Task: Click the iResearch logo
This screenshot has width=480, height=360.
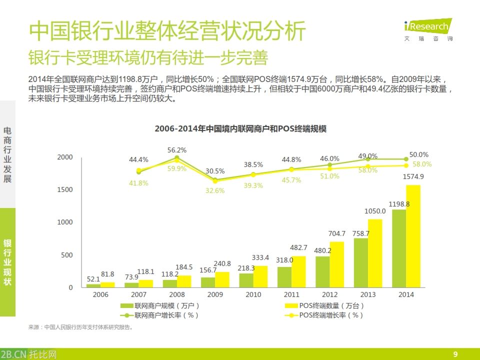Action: click(427, 28)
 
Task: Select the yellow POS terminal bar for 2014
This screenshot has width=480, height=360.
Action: click(413, 236)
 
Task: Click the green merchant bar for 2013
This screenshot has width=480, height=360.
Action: click(361, 262)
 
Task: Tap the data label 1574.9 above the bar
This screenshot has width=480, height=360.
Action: click(413, 176)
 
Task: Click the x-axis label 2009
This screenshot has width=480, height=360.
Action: click(215, 294)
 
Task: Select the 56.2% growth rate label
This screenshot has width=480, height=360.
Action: click(177, 150)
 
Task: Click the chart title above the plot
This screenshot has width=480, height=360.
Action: click(240, 128)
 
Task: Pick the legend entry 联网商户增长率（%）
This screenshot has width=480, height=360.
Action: click(159, 315)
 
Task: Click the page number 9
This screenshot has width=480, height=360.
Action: click(455, 354)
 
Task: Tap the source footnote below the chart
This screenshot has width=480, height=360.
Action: click(80, 327)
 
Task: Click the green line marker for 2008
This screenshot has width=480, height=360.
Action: click(177, 158)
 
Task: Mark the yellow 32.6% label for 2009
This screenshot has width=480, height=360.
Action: click(215, 190)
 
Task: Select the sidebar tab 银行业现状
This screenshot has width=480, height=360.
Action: click(7, 262)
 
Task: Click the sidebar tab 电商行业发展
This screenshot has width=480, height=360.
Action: click(7, 154)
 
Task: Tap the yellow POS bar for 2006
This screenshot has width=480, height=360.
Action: click(107, 285)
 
